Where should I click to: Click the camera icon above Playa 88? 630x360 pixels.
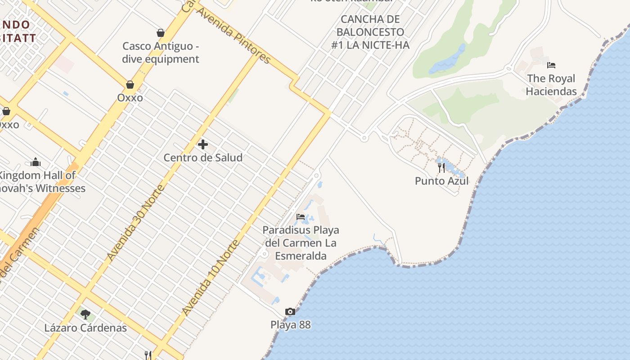290,311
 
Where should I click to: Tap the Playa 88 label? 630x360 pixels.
290,324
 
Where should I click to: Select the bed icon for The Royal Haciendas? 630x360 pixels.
551,65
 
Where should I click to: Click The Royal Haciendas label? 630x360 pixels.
551,85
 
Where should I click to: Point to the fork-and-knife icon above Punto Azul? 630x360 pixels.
441,168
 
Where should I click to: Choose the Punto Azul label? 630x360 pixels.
441,181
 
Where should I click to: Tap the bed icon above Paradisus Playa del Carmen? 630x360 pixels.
301,217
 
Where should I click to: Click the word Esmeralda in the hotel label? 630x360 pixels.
301,256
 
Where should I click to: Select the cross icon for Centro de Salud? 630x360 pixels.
203,144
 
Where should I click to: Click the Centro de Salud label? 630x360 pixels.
203,157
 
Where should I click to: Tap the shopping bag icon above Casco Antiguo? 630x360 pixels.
161,33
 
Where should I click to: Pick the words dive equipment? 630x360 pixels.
161,59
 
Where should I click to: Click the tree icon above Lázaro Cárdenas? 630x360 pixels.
85,314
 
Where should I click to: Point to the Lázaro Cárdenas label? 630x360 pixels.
85,328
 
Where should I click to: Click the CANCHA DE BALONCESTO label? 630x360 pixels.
370,32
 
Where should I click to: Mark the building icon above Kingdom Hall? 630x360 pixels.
36,162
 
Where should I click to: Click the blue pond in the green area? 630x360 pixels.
447,60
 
